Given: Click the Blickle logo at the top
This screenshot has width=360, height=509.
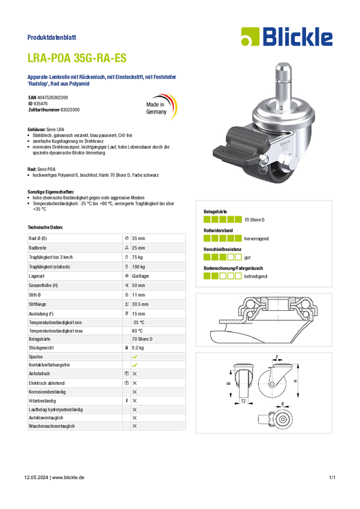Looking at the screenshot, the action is pyautogui.click(x=287, y=37).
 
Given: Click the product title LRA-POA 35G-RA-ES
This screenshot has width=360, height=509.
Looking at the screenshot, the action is pyautogui.click(x=77, y=58).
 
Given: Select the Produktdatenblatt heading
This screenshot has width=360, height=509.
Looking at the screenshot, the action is pyautogui.click(x=52, y=37).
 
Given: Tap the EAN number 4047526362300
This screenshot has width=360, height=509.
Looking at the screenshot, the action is pyautogui.click(x=53, y=98).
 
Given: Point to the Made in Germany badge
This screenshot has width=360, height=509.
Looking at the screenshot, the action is pyautogui.click(x=161, y=107).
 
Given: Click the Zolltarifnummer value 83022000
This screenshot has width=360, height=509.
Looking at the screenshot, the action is pyautogui.click(x=70, y=110).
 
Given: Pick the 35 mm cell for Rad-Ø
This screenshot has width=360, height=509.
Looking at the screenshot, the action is pyautogui.click(x=138, y=238).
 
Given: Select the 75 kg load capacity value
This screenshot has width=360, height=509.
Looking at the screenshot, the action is pyautogui.click(x=137, y=257).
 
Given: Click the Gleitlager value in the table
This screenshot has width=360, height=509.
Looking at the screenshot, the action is pyautogui.click(x=141, y=276).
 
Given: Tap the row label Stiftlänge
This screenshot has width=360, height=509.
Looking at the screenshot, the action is pyautogui.click(x=38, y=304).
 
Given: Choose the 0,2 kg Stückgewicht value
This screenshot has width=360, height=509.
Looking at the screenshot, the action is pyautogui.click(x=138, y=348).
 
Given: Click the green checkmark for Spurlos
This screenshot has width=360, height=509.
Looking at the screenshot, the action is pyautogui.click(x=135, y=357).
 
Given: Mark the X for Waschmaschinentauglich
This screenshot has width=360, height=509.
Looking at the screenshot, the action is pyautogui.click(x=134, y=426).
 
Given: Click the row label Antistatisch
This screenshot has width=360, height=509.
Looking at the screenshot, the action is pyautogui.click(x=40, y=374).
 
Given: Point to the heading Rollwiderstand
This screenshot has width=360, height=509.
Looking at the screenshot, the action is pyautogui.click(x=218, y=231).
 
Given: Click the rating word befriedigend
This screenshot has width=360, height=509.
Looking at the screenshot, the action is pyautogui.click(x=256, y=276).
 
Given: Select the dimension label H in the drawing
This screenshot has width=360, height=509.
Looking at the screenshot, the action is pyautogui.click(x=295, y=380).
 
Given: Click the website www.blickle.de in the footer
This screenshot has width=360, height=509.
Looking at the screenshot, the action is pyautogui.click(x=68, y=477).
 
